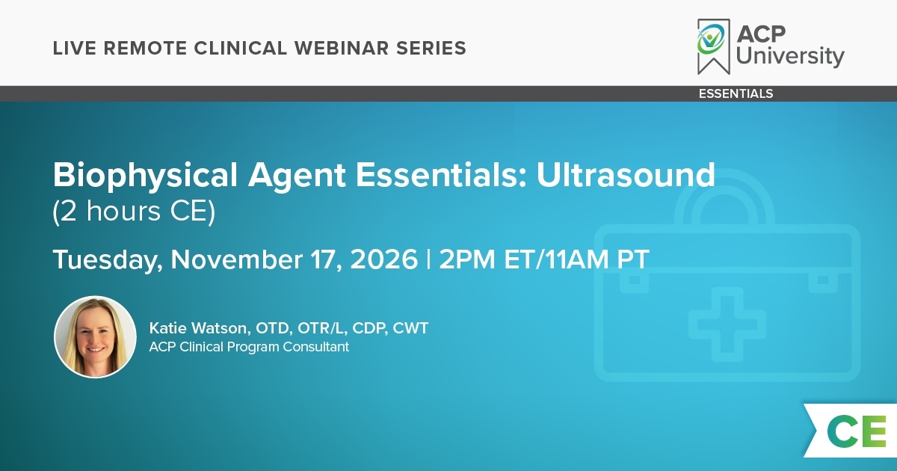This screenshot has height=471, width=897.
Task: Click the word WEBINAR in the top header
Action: (342, 48)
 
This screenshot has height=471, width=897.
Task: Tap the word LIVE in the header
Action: (75, 48)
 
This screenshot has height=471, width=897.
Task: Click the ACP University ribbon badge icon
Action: (714, 46)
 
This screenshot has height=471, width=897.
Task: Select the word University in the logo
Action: (790, 55)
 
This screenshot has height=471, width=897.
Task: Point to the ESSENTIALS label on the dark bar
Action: (736, 93)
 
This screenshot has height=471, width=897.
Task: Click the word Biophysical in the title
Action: (145, 176)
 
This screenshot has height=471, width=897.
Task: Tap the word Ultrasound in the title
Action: (626, 175)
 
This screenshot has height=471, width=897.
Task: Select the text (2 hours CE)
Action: (134, 212)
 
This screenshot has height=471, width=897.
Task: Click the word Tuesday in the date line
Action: (108, 260)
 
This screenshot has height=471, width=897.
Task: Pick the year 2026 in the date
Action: (384, 259)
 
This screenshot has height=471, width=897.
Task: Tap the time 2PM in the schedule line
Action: (467, 259)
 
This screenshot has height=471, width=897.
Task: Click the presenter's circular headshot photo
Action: (96, 337)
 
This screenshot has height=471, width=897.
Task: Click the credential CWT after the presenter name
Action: (410, 328)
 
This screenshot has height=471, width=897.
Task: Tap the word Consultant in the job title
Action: (316, 347)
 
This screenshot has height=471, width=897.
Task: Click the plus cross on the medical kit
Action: (727, 324)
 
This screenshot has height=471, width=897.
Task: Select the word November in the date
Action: (237, 259)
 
